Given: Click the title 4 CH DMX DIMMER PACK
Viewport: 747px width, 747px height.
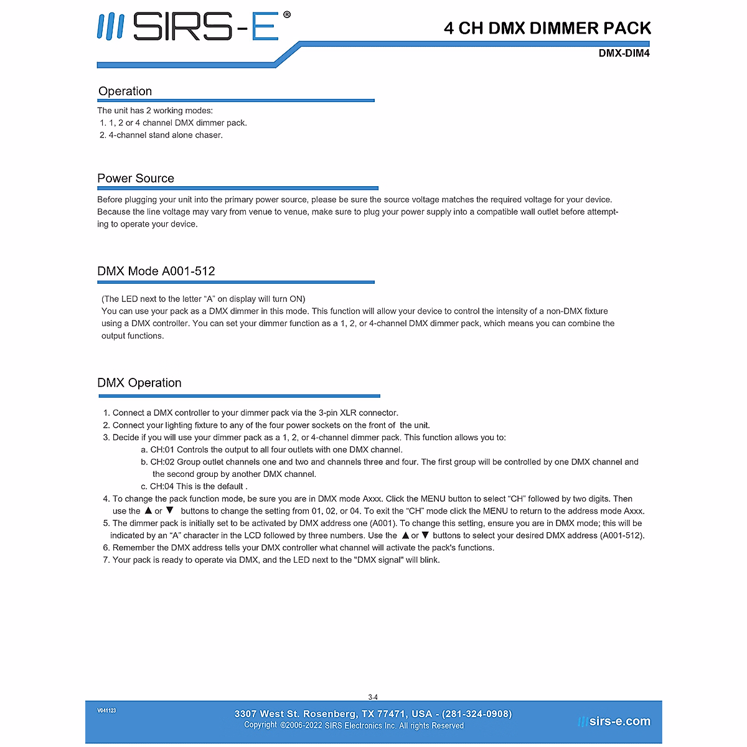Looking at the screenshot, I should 547,28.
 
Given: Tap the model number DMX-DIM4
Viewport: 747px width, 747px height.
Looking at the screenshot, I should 624,54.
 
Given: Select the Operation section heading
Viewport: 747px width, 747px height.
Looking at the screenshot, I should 125,92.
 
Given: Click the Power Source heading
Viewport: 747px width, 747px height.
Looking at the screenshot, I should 136,179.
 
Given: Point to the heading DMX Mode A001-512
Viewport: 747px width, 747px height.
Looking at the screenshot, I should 156,271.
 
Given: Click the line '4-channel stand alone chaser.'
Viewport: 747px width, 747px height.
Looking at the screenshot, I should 165,135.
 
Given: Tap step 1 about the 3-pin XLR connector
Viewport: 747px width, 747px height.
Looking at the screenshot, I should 255,413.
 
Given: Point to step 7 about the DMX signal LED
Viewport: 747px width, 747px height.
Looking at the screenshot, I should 276,560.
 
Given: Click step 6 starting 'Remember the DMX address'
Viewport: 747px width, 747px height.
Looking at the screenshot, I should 303,548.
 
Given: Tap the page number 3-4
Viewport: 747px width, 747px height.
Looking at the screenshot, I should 373,697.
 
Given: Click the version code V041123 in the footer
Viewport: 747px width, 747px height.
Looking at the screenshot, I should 106,710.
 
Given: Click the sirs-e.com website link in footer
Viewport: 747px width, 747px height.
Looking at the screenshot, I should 619,721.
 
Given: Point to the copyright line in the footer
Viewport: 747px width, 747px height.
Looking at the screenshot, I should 354,725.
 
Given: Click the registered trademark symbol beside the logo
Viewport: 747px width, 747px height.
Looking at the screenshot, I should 286,15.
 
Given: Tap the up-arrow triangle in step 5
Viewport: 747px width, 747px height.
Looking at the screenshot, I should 405,535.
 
